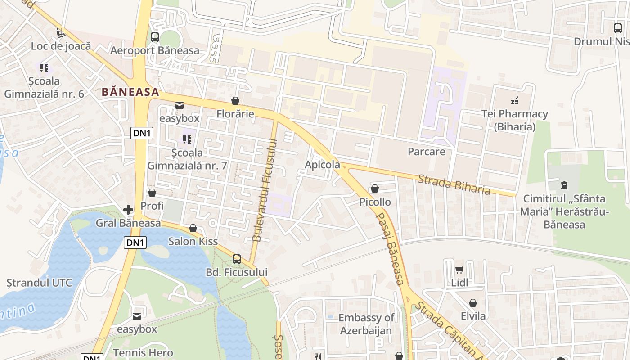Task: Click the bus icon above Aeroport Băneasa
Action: (155, 37)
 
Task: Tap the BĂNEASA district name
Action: (130, 92)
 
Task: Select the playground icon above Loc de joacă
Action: (60, 33)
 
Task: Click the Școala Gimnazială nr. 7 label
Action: (187, 159)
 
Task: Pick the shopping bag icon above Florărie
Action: (235, 101)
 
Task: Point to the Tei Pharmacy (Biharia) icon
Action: (515, 101)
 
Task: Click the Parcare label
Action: (426, 152)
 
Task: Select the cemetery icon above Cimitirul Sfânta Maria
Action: (564, 185)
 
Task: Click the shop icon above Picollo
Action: (374, 189)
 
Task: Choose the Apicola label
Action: (322, 165)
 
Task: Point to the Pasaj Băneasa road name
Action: (389, 247)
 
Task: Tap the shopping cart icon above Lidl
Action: (459, 270)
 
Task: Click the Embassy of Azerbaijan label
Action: (366, 324)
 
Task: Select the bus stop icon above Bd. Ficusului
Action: (237, 259)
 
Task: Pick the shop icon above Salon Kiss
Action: (193, 229)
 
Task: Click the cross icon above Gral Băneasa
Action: (128, 210)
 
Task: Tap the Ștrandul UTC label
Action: (39, 283)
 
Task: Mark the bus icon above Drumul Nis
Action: (618, 28)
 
